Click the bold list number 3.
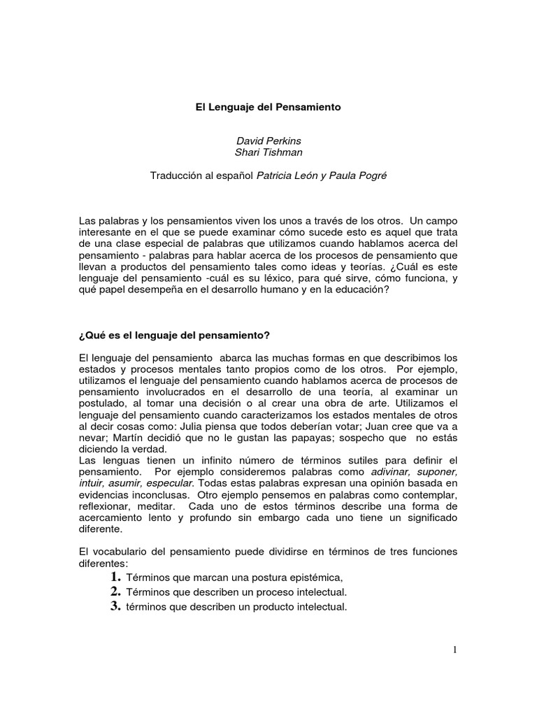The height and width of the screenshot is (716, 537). click(x=115, y=606)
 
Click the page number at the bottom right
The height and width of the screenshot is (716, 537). click(x=454, y=650)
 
